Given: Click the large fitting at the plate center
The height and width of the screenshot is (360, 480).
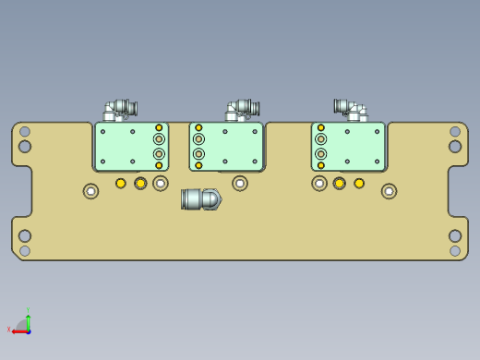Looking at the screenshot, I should [x=200, y=198].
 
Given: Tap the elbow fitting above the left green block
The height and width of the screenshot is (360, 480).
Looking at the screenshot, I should [x=119, y=110].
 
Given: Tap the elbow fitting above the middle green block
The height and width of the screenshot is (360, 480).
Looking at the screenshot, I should [x=241, y=110].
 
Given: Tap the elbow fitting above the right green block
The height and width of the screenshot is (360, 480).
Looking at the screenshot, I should [x=350, y=110].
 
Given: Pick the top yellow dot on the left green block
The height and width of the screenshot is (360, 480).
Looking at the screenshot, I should [x=159, y=128].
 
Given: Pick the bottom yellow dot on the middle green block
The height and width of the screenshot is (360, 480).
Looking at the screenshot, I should [x=198, y=165].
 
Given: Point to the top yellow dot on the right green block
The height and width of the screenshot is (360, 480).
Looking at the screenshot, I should [x=321, y=128].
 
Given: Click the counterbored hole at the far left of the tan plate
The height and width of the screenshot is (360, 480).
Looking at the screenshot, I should [x=90, y=191].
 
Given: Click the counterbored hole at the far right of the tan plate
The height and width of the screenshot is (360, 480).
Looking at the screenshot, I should [x=389, y=191].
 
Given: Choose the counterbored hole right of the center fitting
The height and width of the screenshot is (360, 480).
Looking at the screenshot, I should [x=240, y=184].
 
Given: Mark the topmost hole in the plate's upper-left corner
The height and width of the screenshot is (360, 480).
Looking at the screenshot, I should [x=25, y=132].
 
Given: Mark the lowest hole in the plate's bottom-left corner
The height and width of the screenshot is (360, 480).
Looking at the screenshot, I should [x=25, y=250].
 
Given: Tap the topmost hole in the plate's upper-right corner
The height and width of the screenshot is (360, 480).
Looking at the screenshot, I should [x=455, y=132].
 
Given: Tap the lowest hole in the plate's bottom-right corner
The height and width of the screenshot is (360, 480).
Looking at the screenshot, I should [x=455, y=250].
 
